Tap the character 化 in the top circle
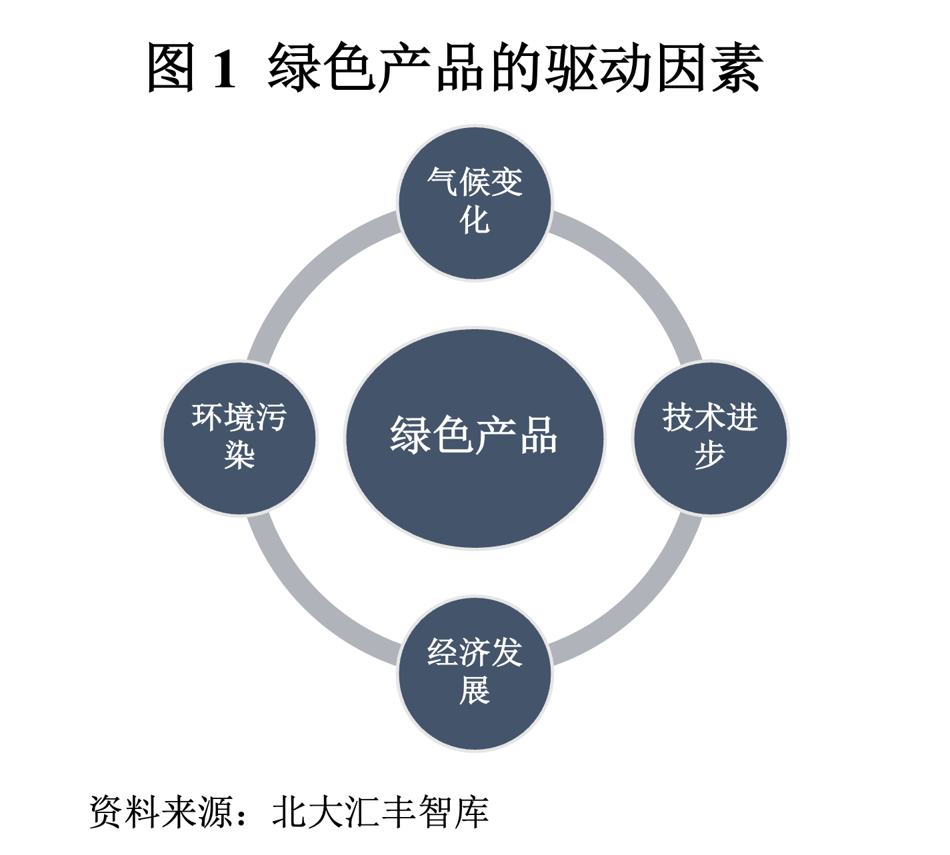pyautogui.click(x=475, y=219)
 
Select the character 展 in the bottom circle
pyautogui.click(x=475, y=690)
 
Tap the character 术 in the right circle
pyautogui.click(x=710, y=418)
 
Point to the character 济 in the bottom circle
pyautogui.click(x=475, y=653)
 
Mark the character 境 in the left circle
pyautogui.click(x=239, y=418)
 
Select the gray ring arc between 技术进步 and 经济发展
pyautogui.click(x=641, y=605)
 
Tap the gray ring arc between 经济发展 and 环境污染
pyautogui.click(x=308, y=605)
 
